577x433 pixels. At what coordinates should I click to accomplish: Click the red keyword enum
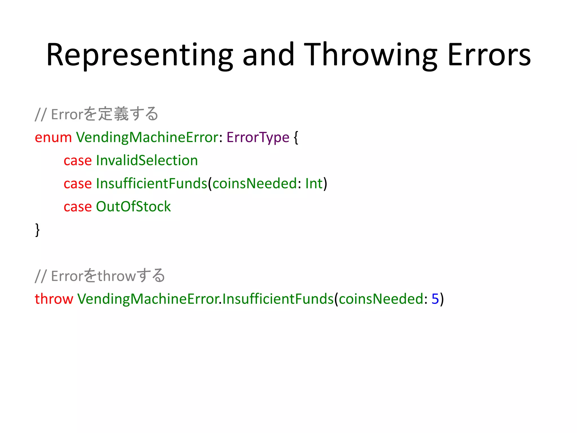coord(53,138)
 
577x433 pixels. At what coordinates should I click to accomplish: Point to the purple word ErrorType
coord(258,138)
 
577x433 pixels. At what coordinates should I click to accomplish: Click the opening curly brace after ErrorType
coord(296,138)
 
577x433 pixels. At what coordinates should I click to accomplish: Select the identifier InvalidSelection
coord(147,160)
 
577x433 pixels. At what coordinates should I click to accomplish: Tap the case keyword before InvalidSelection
coord(77,161)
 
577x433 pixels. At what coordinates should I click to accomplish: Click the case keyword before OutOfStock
coord(77,207)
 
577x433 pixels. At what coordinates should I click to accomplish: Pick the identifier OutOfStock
coord(133,207)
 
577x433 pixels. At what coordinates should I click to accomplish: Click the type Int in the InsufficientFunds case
coord(314,184)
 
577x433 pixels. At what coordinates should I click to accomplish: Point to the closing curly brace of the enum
coord(37,230)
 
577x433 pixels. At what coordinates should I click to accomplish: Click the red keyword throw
coord(54,299)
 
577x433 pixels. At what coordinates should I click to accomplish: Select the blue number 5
coord(435,299)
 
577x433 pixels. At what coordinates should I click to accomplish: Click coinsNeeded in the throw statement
coord(381,299)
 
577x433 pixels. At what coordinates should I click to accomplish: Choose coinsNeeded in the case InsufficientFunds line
coord(254,184)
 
